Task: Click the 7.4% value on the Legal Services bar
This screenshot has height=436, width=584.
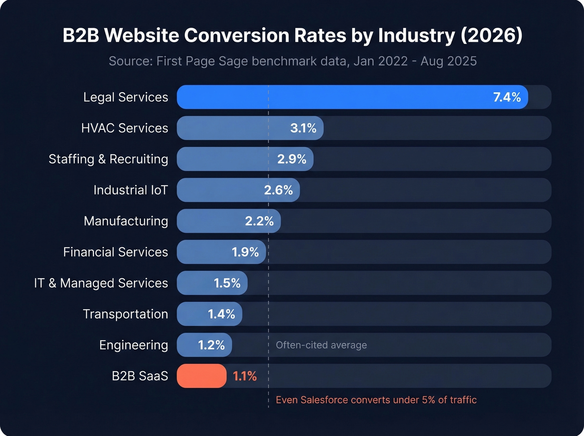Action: (x=507, y=97)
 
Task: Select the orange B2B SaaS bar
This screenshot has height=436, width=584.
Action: (x=201, y=376)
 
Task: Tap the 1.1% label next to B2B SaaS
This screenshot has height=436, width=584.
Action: (x=244, y=376)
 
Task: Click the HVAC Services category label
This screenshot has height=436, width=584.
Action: (x=124, y=128)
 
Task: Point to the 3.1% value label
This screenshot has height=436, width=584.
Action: (x=303, y=128)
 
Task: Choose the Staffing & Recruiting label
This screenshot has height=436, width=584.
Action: (x=108, y=159)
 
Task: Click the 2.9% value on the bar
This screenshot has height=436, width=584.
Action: (x=292, y=159)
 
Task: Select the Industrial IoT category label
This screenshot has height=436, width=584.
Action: (x=130, y=190)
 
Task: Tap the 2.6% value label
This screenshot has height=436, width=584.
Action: (x=278, y=190)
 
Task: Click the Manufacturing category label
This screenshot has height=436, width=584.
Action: (x=126, y=221)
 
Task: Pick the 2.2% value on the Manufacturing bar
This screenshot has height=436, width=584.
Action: (x=259, y=221)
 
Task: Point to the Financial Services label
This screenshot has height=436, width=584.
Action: (x=115, y=252)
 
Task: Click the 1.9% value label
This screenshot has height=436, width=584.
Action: (x=245, y=252)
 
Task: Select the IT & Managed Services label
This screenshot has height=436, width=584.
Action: (x=101, y=283)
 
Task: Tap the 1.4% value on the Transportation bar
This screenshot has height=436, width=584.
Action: (x=222, y=314)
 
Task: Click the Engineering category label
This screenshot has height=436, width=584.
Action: (x=133, y=345)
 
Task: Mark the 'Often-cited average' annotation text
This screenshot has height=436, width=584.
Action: (x=321, y=345)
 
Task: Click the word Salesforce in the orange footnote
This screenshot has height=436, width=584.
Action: (x=324, y=400)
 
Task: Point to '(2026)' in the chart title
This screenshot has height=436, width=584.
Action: (x=491, y=35)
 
